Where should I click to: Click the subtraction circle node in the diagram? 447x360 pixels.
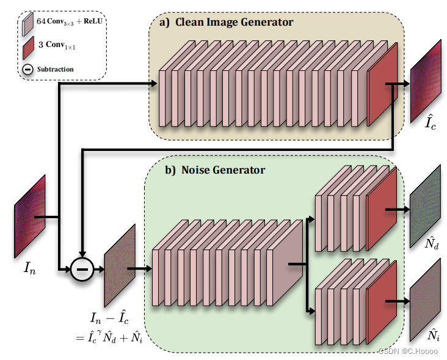pos(82,269)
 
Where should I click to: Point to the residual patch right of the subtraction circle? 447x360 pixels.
pos(120,265)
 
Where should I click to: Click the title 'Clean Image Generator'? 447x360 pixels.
pos(234,23)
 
